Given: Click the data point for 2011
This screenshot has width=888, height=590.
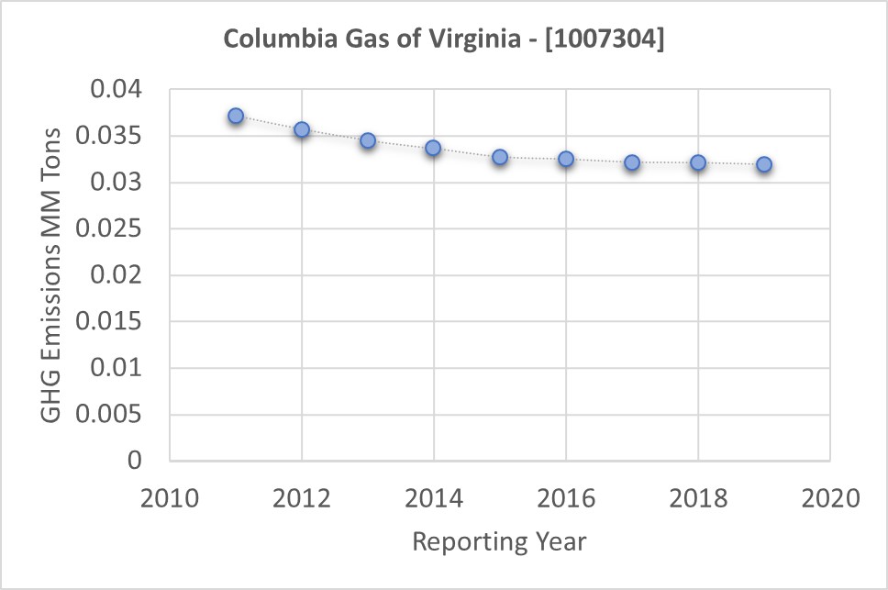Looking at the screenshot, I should tap(236, 117).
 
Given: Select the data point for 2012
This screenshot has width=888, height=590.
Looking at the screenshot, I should tap(302, 129).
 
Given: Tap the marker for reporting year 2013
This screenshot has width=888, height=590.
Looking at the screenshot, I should tap(368, 140).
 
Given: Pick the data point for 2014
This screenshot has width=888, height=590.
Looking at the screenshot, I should tap(433, 148).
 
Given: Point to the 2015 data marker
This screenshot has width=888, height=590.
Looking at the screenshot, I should tap(500, 157).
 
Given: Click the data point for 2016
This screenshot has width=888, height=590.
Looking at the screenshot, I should tap(566, 159).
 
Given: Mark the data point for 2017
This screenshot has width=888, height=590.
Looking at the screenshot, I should tap(632, 162).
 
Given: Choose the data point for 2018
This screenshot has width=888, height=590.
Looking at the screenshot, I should tap(698, 162).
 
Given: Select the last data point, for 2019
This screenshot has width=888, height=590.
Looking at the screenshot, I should tap(764, 164).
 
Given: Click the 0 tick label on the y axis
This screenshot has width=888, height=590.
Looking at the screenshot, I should tap(135, 461).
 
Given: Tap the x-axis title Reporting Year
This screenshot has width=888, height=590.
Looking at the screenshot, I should tap(499, 541).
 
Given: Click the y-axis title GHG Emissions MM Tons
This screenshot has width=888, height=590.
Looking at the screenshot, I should tap(52, 275).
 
